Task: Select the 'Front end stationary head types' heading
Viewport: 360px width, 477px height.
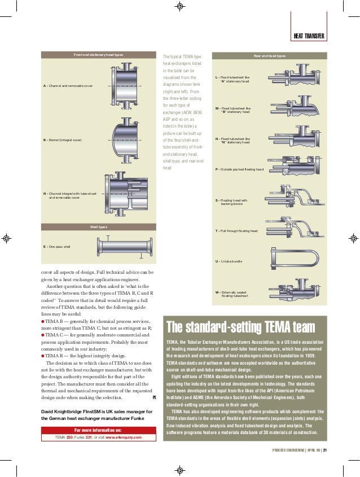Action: (x=99, y=55)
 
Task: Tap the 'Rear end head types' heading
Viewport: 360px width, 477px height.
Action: (x=269, y=56)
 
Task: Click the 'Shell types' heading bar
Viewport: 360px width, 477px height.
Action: (x=99, y=227)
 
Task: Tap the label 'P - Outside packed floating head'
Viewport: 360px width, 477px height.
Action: (x=239, y=169)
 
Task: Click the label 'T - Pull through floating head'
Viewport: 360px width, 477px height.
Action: (x=236, y=231)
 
